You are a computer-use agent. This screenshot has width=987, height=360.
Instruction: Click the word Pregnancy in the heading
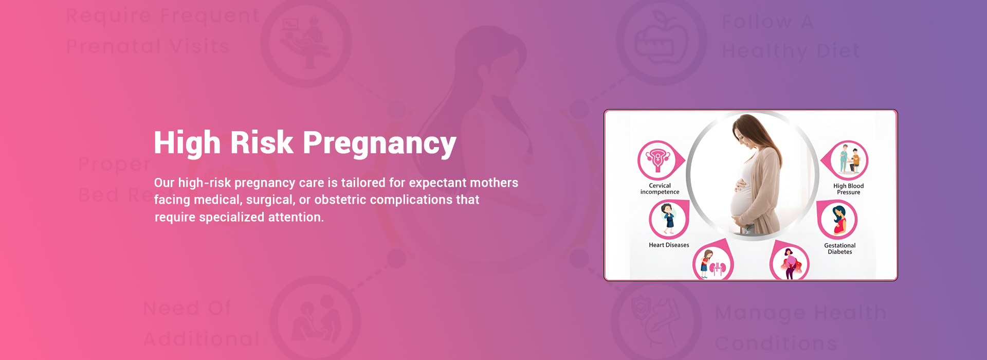[x=379, y=143]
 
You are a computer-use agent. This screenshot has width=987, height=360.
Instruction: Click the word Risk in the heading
[x=261, y=142]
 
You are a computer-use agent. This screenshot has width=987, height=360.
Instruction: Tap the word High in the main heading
[x=187, y=142]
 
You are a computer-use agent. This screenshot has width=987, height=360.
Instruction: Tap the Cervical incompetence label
[x=660, y=189]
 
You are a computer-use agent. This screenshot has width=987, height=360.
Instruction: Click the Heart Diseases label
[x=669, y=245]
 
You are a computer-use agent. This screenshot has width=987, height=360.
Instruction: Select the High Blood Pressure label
[x=848, y=189]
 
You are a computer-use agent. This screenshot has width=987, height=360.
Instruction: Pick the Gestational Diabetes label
[x=839, y=249]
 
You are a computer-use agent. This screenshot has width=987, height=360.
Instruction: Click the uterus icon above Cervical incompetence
[x=657, y=159]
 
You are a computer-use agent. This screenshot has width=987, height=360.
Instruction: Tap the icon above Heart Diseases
[x=668, y=219]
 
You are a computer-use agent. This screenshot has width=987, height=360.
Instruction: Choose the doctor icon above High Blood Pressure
[x=849, y=160]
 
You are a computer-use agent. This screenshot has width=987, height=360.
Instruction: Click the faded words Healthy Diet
[x=791, y=51]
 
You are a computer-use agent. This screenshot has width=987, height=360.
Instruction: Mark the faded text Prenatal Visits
[x=148, y=47]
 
